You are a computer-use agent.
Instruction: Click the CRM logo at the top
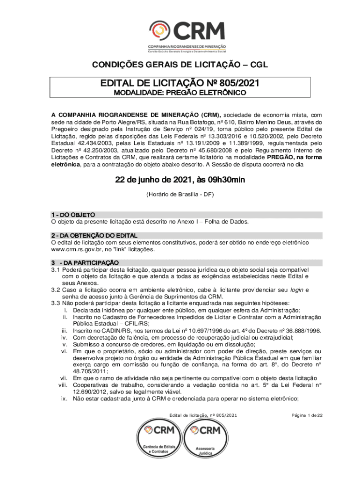(187, 37)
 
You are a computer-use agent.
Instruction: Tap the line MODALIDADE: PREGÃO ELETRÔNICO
(180, 93)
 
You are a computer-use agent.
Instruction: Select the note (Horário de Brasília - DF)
(180, 194)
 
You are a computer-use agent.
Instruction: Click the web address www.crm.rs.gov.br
(79, 249)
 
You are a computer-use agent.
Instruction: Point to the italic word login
(297, 290)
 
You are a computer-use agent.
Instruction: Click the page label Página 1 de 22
(307, 415)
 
